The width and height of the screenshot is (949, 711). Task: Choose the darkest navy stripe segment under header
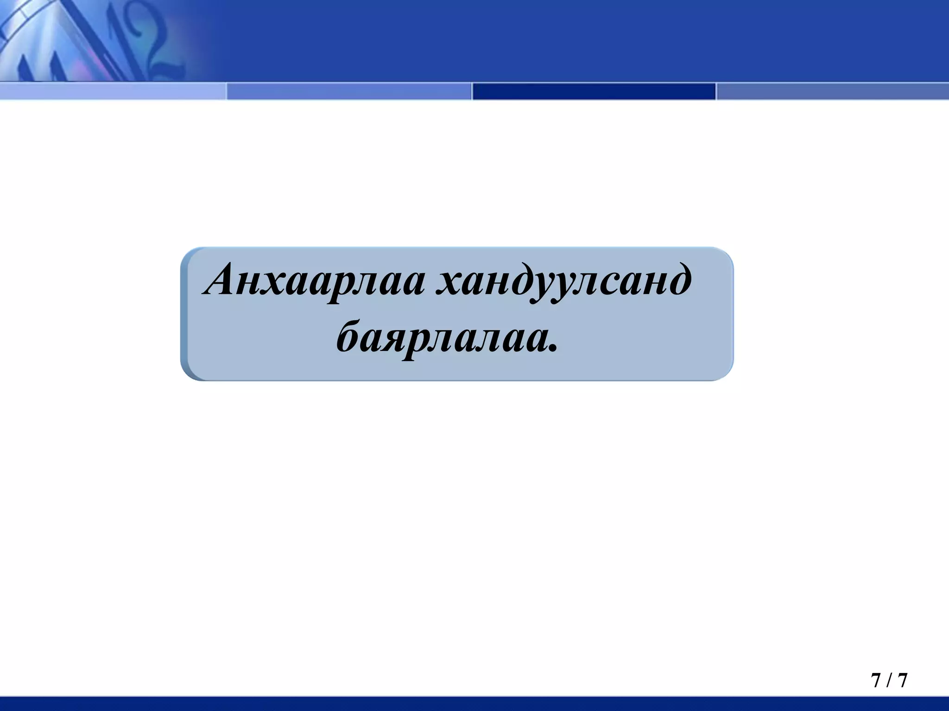click(x=594, y=91)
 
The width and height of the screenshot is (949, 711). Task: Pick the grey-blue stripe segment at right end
click(x=832, y=91)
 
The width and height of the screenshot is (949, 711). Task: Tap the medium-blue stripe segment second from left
click(x=348, y=91)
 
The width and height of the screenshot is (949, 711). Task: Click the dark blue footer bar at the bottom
click(x=474, y=703)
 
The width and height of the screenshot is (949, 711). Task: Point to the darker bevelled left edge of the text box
click(x=184, y=315)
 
